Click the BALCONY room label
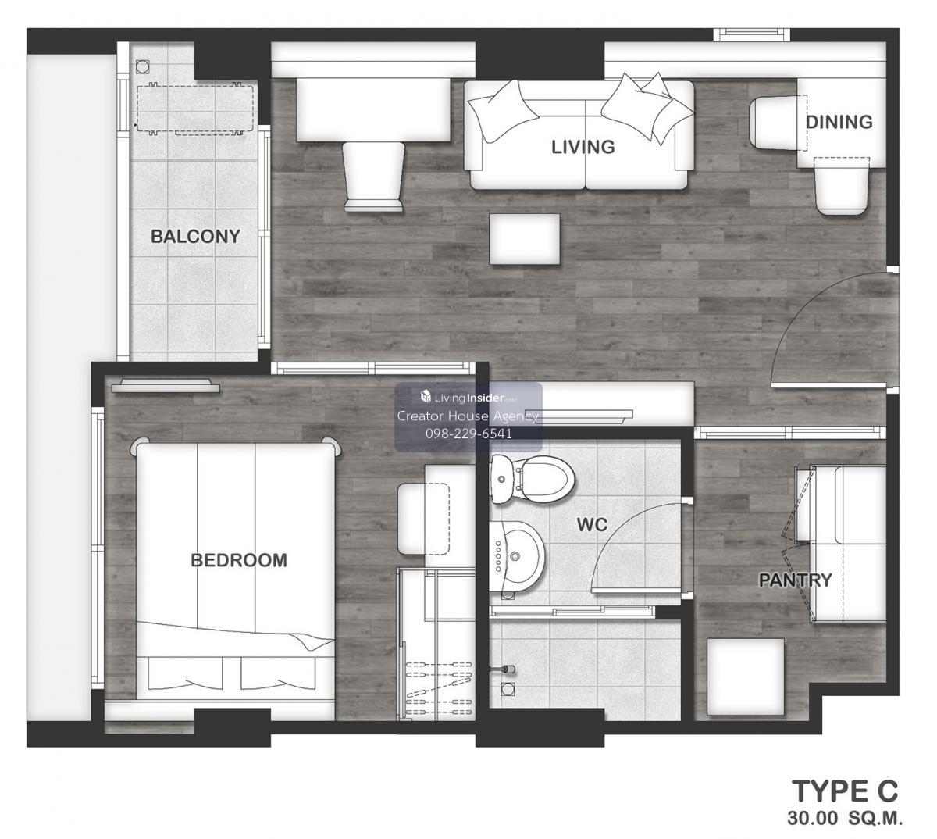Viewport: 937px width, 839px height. point(195,237)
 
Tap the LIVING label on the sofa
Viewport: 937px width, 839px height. point(583,147)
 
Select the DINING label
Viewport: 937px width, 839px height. point(839,122)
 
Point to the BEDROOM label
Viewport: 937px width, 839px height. point(239,560)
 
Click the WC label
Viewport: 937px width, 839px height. point(592,524)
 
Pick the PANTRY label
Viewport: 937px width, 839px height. point(795,580)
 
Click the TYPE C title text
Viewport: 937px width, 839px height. point(845,791)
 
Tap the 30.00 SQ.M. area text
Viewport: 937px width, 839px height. point(845,819)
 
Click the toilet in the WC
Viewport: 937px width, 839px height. point(532,479)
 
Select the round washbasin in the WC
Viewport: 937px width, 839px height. point(517,557)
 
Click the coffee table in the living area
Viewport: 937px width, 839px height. point(525,239)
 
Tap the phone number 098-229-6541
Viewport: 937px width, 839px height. point(468,434)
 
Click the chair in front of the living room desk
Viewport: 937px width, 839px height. point(374,177)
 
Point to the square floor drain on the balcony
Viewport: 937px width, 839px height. point(142,67)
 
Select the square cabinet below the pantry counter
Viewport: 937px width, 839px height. point(745,677)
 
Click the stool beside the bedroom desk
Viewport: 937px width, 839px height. point(424,519)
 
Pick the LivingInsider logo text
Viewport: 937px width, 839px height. point(469,398)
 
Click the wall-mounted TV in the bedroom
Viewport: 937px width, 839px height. point(166,387)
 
